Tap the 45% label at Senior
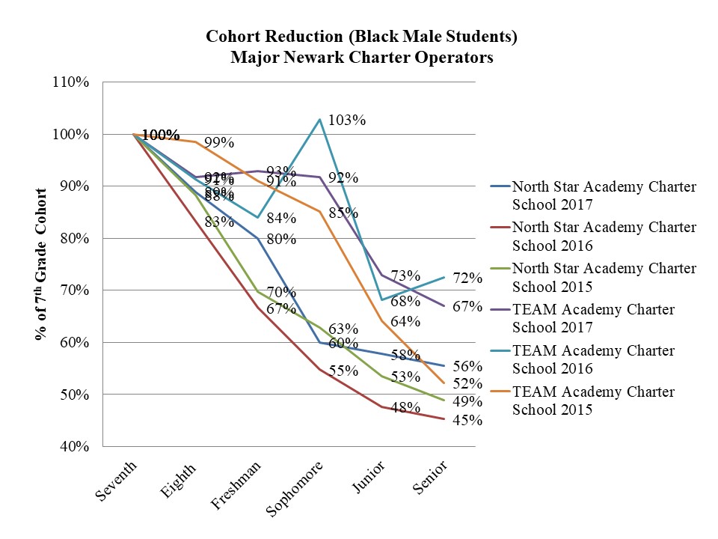467,421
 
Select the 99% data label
219,142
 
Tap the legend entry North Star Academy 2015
604,276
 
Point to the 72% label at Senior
467,278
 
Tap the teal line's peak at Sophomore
319,120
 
